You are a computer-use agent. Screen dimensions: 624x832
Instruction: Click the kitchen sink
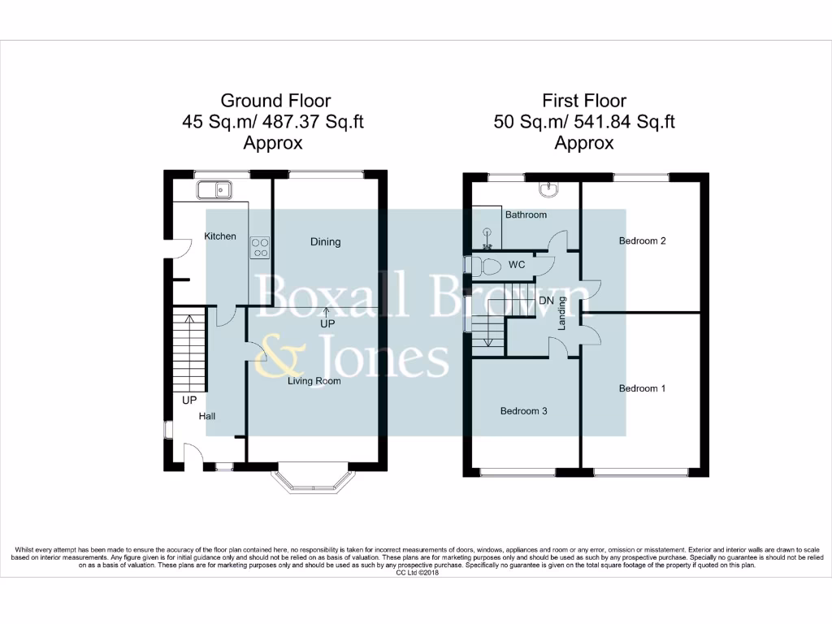pyautogui.click(x=214, y=190)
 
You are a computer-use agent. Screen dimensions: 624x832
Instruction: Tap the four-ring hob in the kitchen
pyautogui.click(x=260, y=247)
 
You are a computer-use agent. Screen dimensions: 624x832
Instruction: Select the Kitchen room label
pyautogui.click(x=220, y=236)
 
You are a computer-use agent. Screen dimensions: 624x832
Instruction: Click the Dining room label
pyautogui.click(x=325, y=241)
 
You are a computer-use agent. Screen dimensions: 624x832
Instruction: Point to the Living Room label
pyautogui.click(x=314, y=380)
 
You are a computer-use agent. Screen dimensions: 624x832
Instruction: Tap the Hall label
pyautogui.click(x=207, y=416)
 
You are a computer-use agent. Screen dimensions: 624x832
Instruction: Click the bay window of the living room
pyautogui.click(x=310, y=481)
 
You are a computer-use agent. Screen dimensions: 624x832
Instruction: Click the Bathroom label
pyautogui.click(x=526, y=215)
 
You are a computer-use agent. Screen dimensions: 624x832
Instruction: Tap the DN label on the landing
pyautogui.click(x=546, y=300)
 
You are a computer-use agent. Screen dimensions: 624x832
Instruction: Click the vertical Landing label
pyautogui.click(x=561, y=318)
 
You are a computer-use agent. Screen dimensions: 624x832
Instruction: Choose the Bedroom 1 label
pyautogui.click(x=642, y=388)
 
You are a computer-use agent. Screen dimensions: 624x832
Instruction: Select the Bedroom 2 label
pyautogui.click(x=642, y=240)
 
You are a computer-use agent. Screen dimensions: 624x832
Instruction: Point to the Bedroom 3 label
pyautogui.click(x=523, y=411)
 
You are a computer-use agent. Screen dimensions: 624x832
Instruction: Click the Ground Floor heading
pyautogui.click(x=275, y=101)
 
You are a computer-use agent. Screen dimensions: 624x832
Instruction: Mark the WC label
pyautogui.click(x=518, y=265)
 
